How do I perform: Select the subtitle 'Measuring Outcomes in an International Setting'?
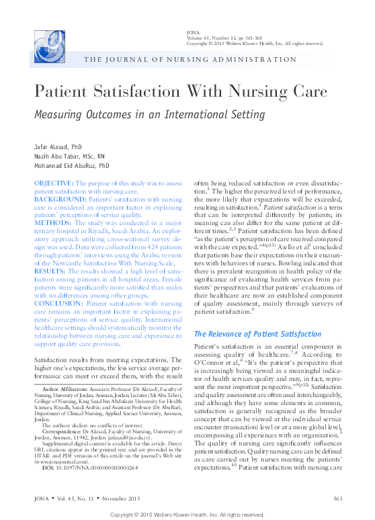point(149,114)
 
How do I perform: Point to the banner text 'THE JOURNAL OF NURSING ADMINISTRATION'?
point(190,60)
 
